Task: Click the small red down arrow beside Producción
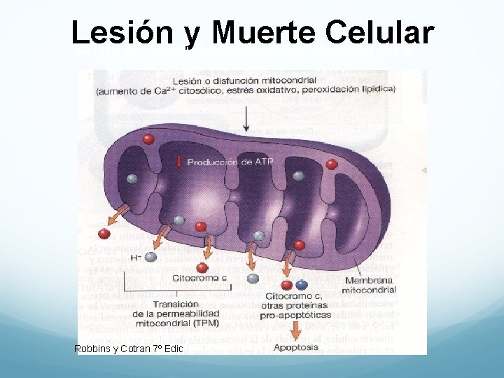tap(179, 162)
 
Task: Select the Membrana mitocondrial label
tap(370, 285)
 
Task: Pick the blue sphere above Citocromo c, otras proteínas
tap(302, 285)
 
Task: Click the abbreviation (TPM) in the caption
tap(206, 323)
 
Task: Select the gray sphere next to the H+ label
tap(150, 257)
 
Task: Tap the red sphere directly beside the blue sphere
tap(286, 286)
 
